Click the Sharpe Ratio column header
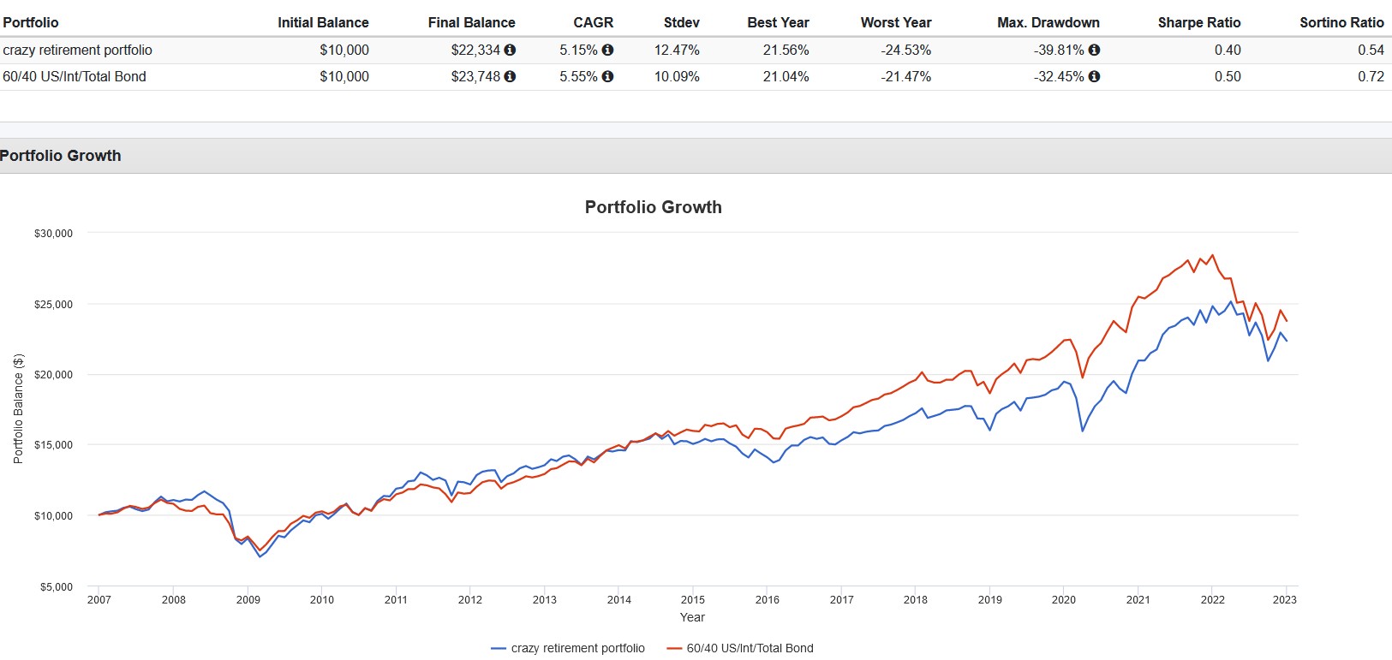click(x=1198, y=22)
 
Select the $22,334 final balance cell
click(x=475, y=50)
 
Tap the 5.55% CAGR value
click(x=578, y=76)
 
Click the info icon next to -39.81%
click(x=1094, y=50)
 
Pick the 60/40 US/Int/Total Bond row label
click(x=75, y=76)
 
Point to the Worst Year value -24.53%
click(x=905, y=50)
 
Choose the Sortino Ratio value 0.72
click(x=1371, y=76)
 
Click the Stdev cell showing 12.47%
click(x=677, y=50)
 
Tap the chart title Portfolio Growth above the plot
click(x=653, y=207)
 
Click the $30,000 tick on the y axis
click(x=53, y=233)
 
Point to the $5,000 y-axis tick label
click(x=56, y=587)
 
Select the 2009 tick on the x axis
click(x=248, y=600)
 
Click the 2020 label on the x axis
click(x=1063, y=600)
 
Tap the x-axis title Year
click(x=692, y=617)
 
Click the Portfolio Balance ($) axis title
click(x=18, y=409)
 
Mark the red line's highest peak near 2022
click(x=1212, y=255)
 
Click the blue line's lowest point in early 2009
click(x=260, y=557)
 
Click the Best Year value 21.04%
click(x=786, y=76)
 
